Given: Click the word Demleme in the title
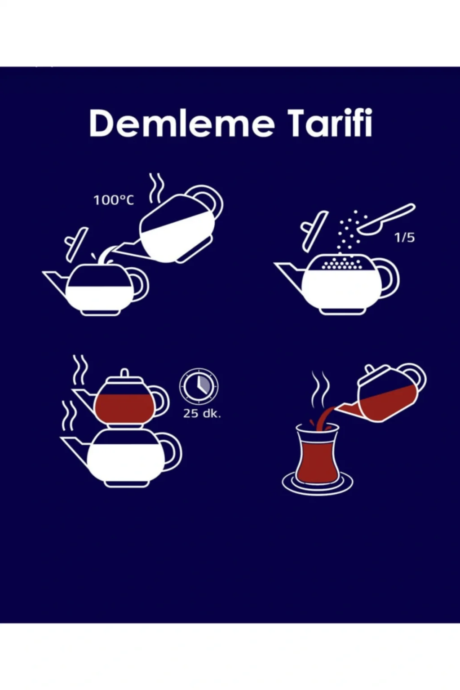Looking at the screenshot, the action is (182, 123).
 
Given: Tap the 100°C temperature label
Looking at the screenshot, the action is (114, 200).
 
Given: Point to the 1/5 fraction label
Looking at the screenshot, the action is (405, 238).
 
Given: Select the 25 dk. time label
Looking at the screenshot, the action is (202, 413).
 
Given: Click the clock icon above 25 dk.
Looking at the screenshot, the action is (199, 385).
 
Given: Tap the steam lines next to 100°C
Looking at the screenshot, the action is (156, 189).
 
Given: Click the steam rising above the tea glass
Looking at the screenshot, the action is (320, 389).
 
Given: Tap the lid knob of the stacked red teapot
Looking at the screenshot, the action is (124, 373).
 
